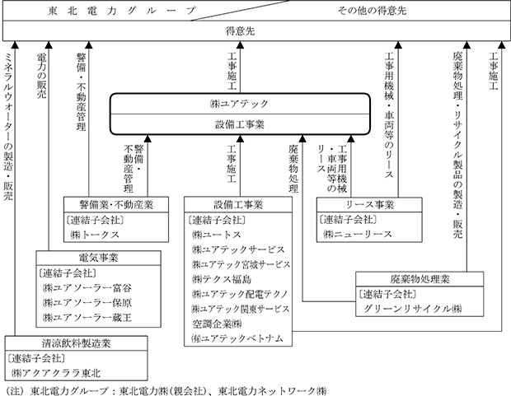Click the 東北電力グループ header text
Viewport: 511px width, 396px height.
click(x=121, y=11)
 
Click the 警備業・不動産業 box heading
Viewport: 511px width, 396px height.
click(x=115, y=204)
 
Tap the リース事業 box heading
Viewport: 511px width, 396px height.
click(x=369, y=204)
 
